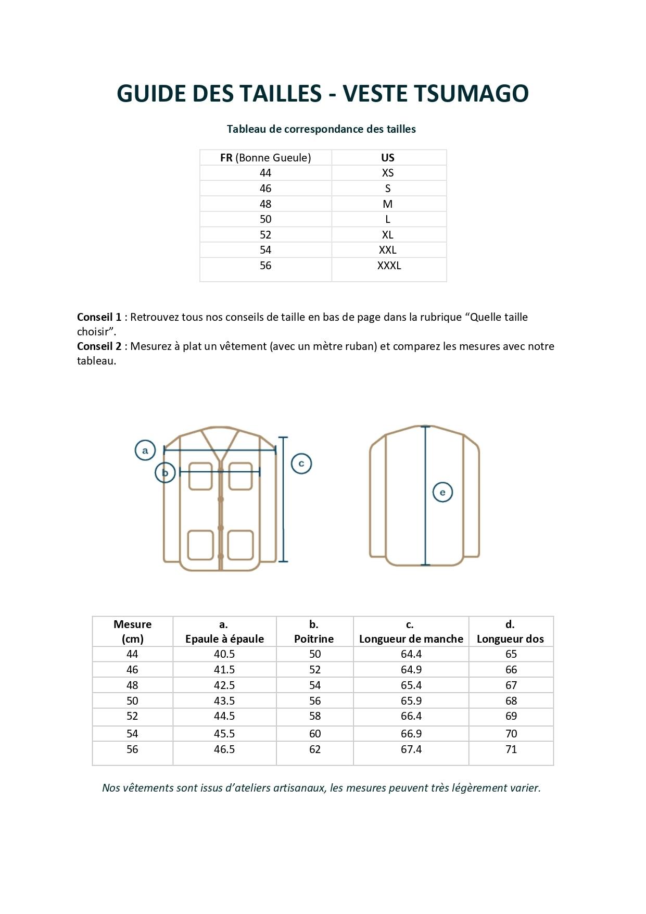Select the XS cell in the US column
point(388,173)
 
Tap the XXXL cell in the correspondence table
point(389,266)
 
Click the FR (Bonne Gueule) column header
point(265,158)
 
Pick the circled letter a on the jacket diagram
point(145,450)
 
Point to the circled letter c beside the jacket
point(301,464)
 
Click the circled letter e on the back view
point(442,492)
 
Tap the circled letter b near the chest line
point(165,473)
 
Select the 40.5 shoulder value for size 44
point(224,654)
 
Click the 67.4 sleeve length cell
point(411,749)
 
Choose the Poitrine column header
point(314,639)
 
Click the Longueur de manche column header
point(411,639)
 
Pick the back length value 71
point(511,749)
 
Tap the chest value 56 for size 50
point(315,701)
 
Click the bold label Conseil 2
point(99,346)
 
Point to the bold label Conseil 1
point(99,317)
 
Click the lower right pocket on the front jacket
point(240,545)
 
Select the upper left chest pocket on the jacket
point(200,476)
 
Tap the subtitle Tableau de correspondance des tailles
point(321,129)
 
